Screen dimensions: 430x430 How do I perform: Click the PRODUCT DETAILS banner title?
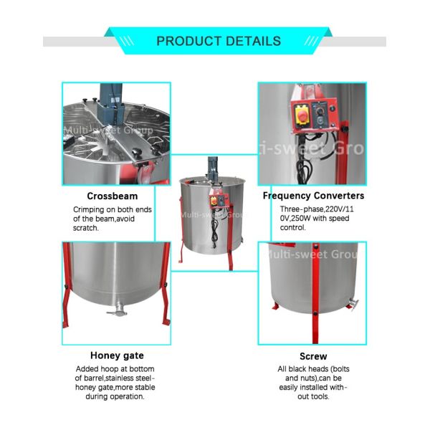click(x=219, y=41)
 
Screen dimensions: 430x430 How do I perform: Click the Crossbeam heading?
click(x=113, y=196)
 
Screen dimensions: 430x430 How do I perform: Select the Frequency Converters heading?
click(x=313, y=196)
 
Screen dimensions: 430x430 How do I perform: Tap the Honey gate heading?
click(x=117, y=355)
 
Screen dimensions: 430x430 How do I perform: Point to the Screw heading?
click(x=313, y=356)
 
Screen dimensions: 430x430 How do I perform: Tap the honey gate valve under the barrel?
click(x=117, y=311)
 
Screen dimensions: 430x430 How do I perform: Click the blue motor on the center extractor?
click(x=213, y=166)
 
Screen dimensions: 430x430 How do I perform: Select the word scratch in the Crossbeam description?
click(x=85, y=228)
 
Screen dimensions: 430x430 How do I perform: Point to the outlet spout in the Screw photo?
click(x=353, y=304)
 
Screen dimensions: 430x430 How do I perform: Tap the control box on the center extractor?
click(x=219, y=200)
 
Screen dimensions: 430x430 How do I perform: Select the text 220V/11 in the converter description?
click(x=340, y=209)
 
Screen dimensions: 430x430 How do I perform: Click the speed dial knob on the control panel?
click(x=320, y=111)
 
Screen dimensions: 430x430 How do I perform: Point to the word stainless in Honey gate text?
click(x=120, y=378)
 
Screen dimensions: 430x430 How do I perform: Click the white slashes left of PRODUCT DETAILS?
click(x=127, y=41)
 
